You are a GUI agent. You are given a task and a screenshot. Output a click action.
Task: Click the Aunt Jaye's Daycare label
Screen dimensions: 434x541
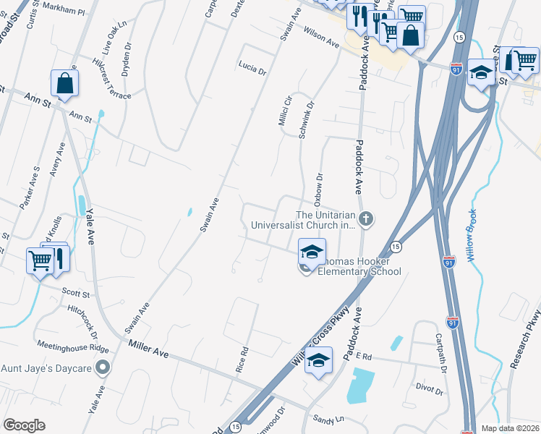[x=46, y=368]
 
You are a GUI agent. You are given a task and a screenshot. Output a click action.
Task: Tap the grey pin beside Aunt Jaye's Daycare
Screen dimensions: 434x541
[x=103, y=367]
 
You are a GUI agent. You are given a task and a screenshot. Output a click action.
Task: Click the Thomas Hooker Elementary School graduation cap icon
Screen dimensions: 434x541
[x=312, y=252]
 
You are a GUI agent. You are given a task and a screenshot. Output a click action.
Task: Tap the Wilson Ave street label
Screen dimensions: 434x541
[x=322, y=38]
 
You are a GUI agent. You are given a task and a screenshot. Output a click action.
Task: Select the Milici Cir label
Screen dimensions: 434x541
[x=284, y=109]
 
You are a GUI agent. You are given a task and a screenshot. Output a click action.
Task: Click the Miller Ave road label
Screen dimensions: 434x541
[x=148, y=350]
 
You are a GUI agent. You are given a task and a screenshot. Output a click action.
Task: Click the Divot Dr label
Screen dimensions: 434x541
[x=430, y=390]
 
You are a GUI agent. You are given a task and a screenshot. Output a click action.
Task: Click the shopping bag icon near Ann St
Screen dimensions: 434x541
[x=65, y=84]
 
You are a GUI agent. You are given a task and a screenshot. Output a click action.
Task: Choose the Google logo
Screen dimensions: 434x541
[x=24, y=425]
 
